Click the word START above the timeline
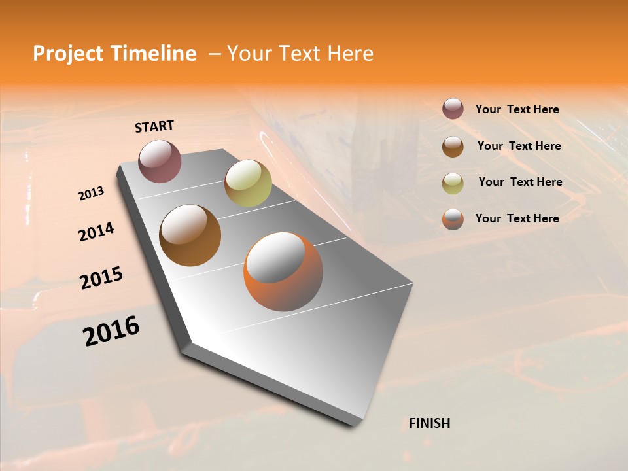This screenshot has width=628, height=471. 154,126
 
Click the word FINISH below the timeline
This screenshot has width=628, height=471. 430,423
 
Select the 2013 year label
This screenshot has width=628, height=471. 91,194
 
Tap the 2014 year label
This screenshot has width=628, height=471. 96,232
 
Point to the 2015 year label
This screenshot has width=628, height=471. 101,278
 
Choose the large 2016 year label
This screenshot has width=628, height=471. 111,331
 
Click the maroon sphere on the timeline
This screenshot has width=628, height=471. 160,161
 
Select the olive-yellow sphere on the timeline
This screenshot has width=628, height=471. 248,183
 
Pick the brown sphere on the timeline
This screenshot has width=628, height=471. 190,235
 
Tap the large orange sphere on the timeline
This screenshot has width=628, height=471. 283,271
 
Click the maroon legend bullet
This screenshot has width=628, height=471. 453,109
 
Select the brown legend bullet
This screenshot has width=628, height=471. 453,147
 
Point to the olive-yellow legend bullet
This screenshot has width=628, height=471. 453,183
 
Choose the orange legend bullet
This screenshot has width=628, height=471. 453,219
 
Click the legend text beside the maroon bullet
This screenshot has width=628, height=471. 517,109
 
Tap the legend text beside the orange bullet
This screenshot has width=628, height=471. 517,218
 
